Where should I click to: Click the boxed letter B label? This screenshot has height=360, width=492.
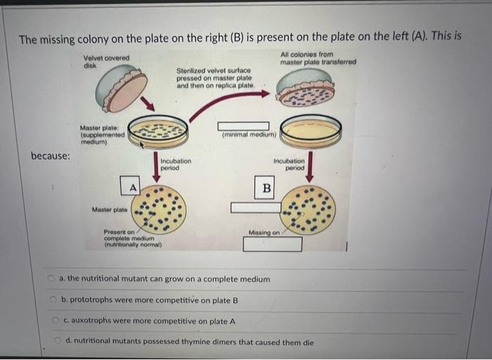click(266, 187)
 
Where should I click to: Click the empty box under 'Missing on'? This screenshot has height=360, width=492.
click(273, 244)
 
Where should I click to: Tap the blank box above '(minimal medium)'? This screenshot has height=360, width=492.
click(243, 126)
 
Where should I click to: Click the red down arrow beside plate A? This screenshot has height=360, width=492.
click(155, 166)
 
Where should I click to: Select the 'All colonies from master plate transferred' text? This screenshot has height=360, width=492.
click(318, 58)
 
